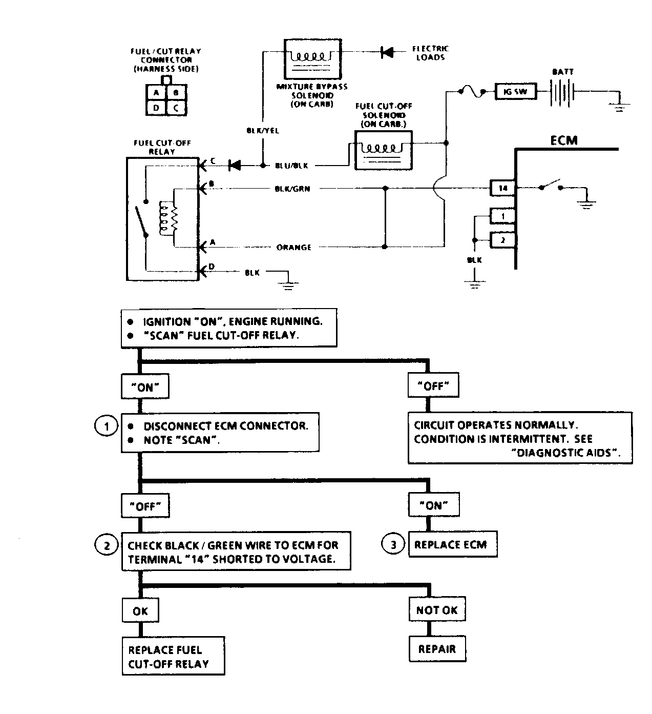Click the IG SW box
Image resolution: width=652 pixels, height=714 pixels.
pos(515,92)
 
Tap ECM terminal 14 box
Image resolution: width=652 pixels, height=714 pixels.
pos(503,188)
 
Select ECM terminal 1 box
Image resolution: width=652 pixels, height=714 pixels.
pos(503,216)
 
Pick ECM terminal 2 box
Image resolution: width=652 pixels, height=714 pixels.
pos(503,239)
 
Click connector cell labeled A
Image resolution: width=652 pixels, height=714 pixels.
pos(156,93)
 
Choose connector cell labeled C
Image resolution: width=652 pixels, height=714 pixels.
pos(176,108)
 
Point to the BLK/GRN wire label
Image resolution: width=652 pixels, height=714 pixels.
pos(292,189)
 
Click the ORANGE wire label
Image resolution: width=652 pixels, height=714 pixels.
pos(293,247)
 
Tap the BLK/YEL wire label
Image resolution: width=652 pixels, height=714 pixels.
pos(263,131)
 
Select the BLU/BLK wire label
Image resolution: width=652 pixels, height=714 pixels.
pos(291,166)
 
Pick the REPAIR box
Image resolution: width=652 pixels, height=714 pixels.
pos(437,649)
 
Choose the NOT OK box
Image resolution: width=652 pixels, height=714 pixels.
pos(437,610)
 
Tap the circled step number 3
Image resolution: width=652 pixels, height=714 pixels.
pos(393,544)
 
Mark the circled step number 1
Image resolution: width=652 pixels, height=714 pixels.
pos(107,426)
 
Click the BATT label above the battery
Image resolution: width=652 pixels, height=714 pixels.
pos(562,72)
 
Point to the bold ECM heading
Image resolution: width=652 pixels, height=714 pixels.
pos(563,140)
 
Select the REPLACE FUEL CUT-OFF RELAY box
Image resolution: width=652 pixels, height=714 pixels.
pos(173,657)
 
